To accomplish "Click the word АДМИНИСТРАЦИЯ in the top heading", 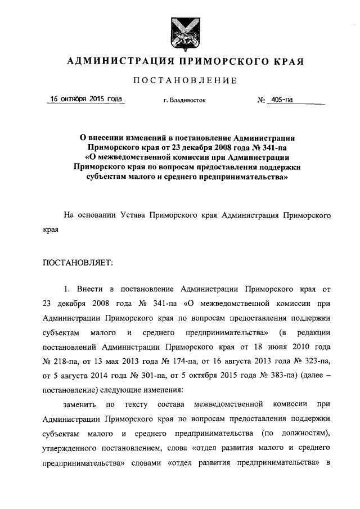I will click(x=112, y=61).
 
